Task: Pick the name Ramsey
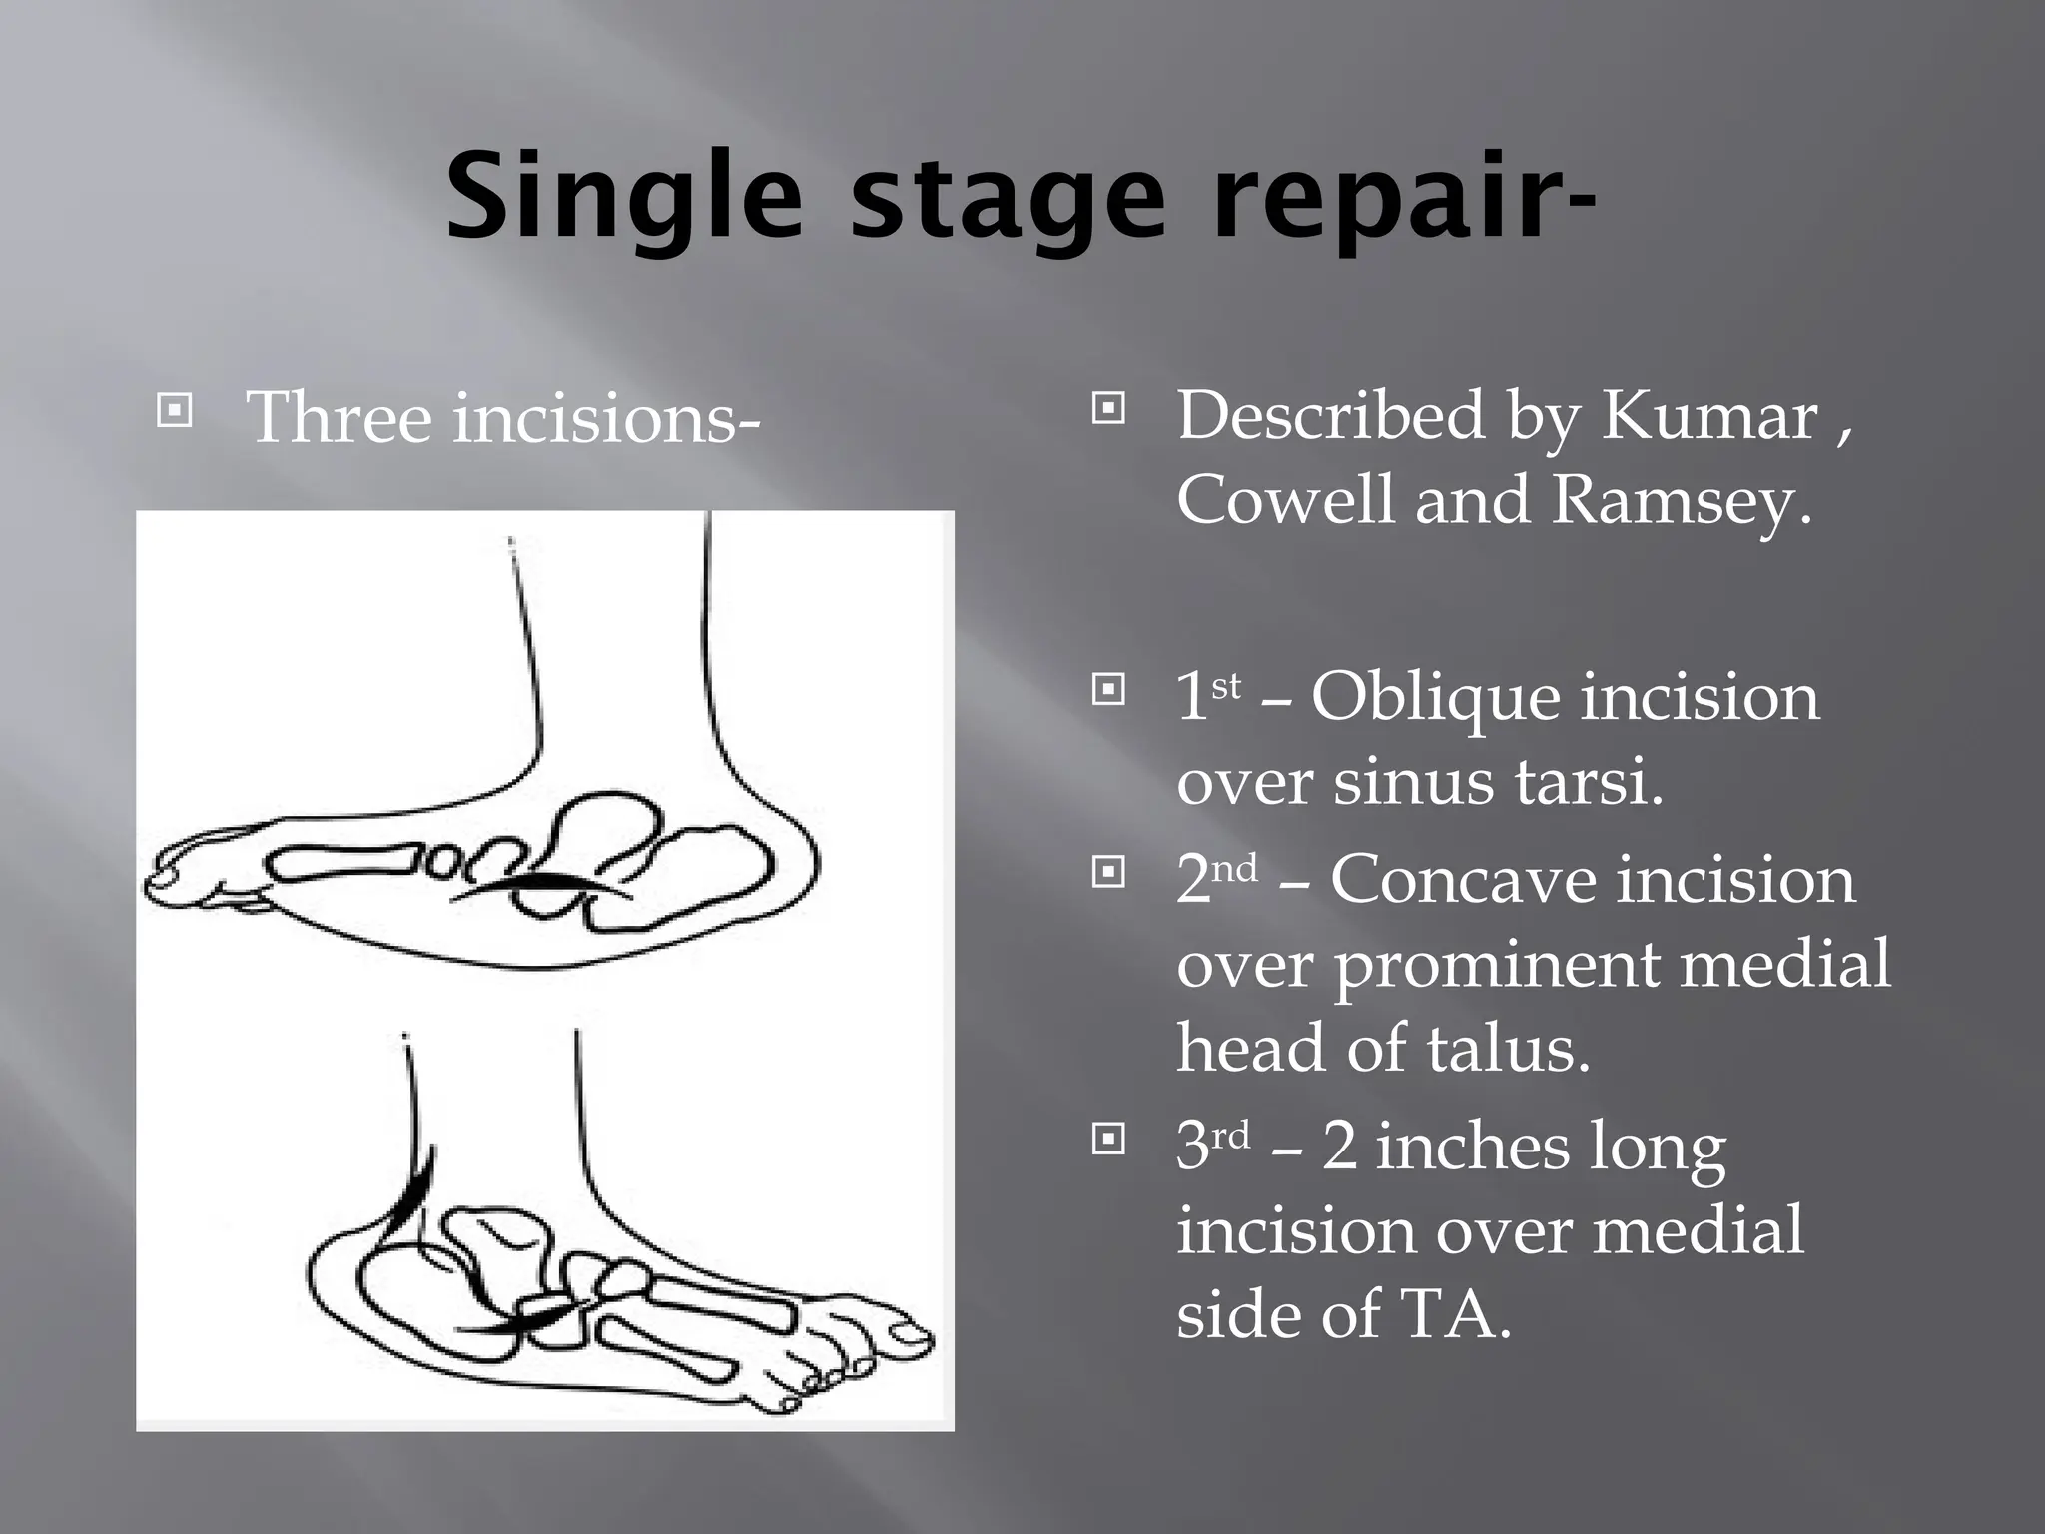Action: (1681, 499)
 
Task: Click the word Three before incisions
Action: (340, 417)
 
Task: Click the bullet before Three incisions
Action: (175, 411)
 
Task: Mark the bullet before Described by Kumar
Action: (1108, 408)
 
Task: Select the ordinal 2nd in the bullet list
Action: (1216, 879)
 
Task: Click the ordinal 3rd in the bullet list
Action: (1212, 1146)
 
